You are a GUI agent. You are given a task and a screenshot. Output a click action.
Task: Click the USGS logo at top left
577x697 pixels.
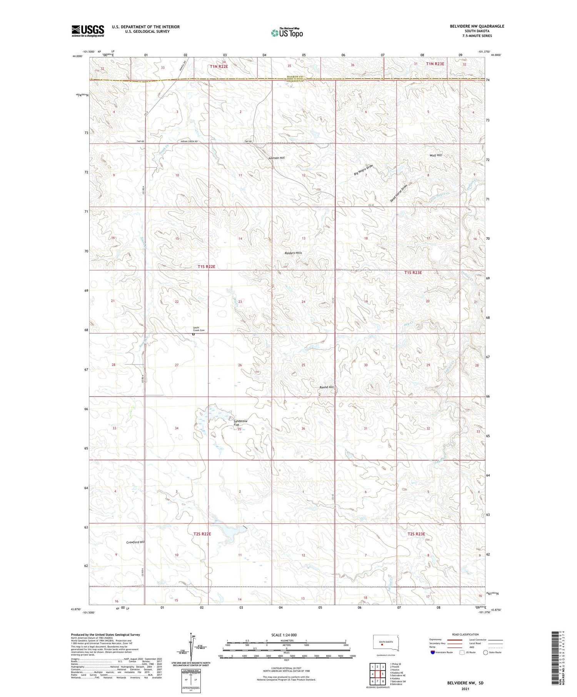click(x=88, y=31)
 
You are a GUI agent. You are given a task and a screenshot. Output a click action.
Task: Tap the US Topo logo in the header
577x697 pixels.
click(x=287, y=33)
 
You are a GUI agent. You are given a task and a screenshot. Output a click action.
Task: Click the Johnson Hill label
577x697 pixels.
click(x=276, y=158)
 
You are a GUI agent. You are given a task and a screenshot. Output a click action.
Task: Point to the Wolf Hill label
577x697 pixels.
click(x=435, y=155)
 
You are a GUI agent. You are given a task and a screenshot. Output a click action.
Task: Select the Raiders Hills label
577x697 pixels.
click(x=293, y=253)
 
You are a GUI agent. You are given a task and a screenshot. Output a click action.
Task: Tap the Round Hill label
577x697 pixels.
click(x=327, y=387)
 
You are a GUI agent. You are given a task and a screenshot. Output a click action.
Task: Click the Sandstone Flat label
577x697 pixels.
click(x=240, y=423)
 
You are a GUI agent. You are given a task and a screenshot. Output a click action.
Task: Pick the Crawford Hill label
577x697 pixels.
click(x=135, y=542)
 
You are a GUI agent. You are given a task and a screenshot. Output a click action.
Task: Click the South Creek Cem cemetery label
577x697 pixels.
click(x=198, y=329)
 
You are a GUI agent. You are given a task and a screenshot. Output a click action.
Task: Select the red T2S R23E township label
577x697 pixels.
click(x=416, y=534)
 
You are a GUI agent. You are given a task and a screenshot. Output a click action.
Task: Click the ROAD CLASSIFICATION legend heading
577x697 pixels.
click(x=465, y=634)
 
